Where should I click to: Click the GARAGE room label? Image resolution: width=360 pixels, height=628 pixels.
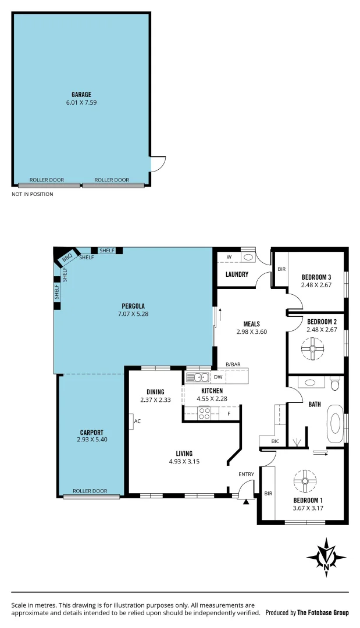coord(81,94)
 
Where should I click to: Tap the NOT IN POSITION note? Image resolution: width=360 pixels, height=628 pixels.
coord(33,194)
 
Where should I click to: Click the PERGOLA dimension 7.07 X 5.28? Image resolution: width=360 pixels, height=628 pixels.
coord(133,314)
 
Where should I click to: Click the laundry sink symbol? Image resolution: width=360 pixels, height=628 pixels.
coord(248,256)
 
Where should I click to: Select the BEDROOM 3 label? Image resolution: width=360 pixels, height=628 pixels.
coord(316,277)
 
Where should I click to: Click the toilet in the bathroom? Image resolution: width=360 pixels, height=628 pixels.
coord(334,384)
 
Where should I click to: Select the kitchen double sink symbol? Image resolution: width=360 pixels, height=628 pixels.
coord(198,377)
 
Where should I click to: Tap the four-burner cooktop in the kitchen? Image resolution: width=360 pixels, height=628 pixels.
coord(204,413)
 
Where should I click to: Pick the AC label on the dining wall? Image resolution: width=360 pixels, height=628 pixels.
coord(137,421)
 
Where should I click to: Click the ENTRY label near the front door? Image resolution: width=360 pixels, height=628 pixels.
coord(246,474)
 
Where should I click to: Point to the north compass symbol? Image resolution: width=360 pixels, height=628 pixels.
coord(327,557)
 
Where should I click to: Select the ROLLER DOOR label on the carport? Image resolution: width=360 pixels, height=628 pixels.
coord(90,491)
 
